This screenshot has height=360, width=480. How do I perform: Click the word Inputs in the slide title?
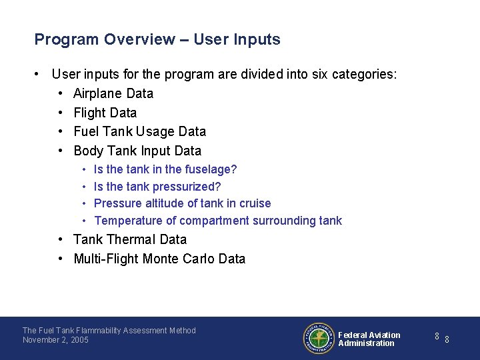point(257,40)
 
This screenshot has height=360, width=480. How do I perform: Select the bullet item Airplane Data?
point(113,93)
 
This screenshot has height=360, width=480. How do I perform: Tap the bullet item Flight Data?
point(105,113)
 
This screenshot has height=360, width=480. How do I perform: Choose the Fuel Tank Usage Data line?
point(139,131)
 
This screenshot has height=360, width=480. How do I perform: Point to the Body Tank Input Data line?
point(137,151)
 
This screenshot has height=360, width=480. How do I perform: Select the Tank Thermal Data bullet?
point(130,239)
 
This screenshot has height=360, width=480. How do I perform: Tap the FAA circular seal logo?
point(319,338)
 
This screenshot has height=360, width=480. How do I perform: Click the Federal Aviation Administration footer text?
point(369,339)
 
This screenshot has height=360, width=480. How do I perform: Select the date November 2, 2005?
point(55,340)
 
